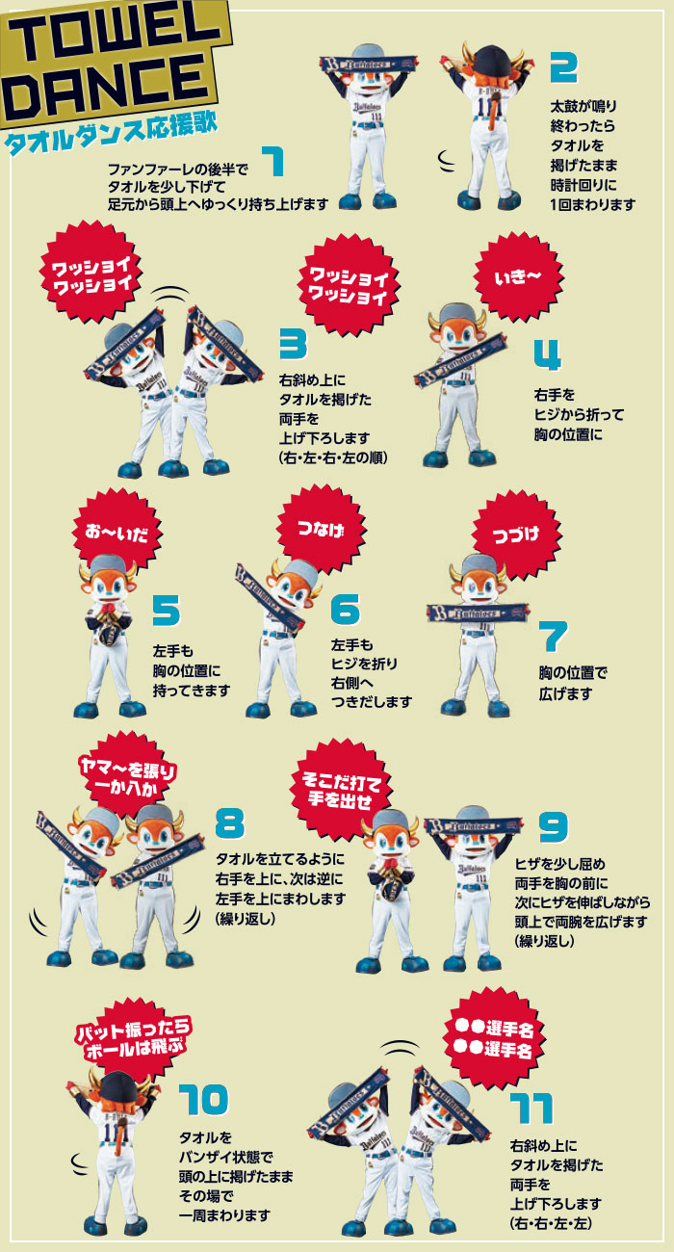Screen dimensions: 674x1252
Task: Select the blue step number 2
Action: coord(563,67)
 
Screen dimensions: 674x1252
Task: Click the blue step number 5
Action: coord(167,611)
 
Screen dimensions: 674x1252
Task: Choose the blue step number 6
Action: coord(345,609)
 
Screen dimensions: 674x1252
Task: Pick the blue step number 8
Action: coord(230,822)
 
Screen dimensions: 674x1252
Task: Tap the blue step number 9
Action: coord(554,826)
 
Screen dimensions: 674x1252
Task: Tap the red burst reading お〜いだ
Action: coord(117,532)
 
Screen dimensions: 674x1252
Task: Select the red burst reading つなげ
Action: coord(321,528)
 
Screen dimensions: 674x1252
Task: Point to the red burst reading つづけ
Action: coord(516,535)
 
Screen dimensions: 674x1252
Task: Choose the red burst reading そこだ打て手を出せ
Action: coord(340,790)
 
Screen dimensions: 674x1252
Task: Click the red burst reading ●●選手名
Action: coord(494,1038)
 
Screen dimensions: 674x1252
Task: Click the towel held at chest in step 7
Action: coord(478,613)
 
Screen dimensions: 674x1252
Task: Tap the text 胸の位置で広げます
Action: coord(573,683)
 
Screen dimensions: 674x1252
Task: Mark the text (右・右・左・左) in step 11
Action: coord(551,1223)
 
